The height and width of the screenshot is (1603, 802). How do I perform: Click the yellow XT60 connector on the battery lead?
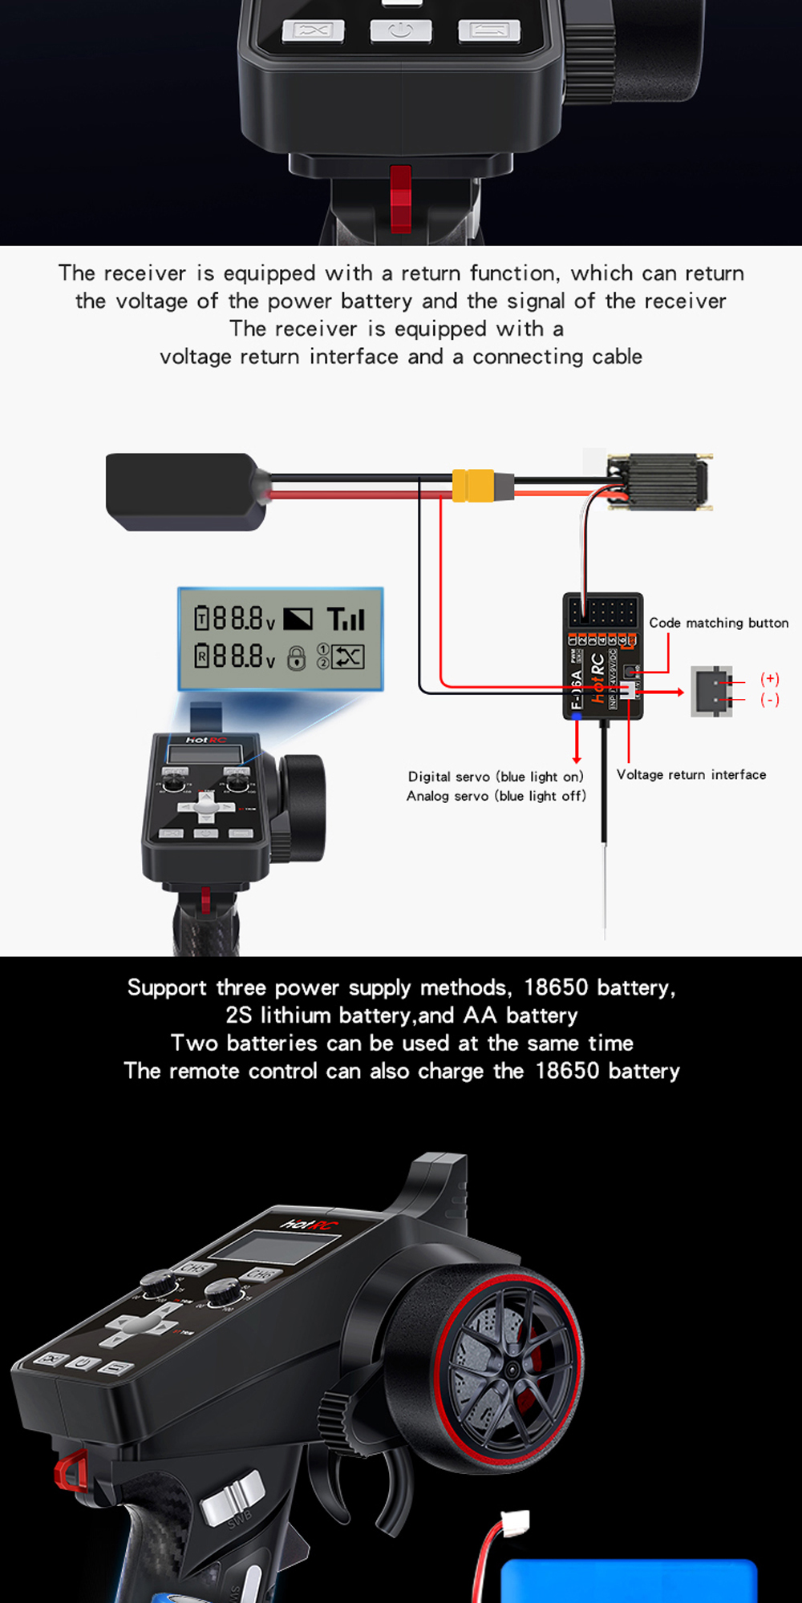(473, 485)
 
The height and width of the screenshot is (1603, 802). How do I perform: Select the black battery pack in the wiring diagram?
(184, 491)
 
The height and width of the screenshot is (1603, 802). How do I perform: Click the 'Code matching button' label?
(719, 623)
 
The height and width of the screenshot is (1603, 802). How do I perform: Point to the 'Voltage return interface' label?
(691, 774)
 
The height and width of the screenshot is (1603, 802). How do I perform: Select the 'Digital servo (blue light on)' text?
(496, 776)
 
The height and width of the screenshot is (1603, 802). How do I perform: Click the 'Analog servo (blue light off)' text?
(496, 796)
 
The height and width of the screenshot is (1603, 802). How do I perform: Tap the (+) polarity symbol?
(770, 679)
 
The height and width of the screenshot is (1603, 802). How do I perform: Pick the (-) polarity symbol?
(770, 700)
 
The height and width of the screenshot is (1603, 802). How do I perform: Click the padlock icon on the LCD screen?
(297, 658)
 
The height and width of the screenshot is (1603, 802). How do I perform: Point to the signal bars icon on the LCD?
(346, 619)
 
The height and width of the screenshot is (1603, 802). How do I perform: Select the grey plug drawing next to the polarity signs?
(711, 691)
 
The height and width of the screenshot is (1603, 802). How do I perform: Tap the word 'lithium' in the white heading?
(296, 1016)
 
